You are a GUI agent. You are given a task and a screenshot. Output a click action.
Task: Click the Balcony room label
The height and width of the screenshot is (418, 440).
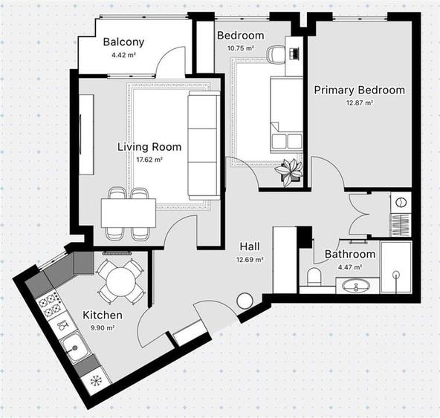point(123,42)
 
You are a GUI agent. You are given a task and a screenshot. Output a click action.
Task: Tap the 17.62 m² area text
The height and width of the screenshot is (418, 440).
point(149,159)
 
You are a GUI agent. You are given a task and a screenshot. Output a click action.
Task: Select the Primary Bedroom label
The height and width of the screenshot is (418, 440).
point(359,90)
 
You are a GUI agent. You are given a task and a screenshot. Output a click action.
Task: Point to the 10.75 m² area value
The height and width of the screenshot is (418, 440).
point(240,48)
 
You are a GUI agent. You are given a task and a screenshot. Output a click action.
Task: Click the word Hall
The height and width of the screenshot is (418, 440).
point(249,246)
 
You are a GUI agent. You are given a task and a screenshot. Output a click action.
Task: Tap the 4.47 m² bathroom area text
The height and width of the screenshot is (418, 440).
point(349,267)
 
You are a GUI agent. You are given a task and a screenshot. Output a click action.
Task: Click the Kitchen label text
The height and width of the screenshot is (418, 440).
point(103,315)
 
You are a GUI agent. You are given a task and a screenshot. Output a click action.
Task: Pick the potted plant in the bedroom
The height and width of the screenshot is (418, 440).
point(288,170)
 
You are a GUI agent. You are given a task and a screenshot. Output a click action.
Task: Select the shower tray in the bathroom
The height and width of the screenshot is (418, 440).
point(396,267)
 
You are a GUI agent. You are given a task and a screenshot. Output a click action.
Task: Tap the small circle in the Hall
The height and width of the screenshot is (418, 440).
point(245,301)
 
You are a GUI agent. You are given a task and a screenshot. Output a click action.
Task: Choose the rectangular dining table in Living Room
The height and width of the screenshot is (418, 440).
point(129,212)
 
